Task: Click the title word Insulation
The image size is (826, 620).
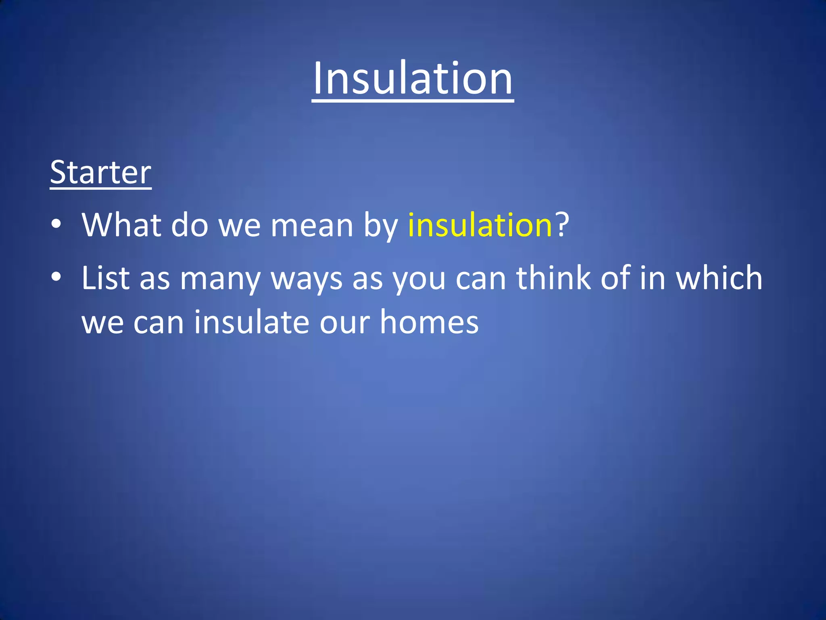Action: point(413,78)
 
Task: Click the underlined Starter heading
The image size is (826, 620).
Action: point(100,172)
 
